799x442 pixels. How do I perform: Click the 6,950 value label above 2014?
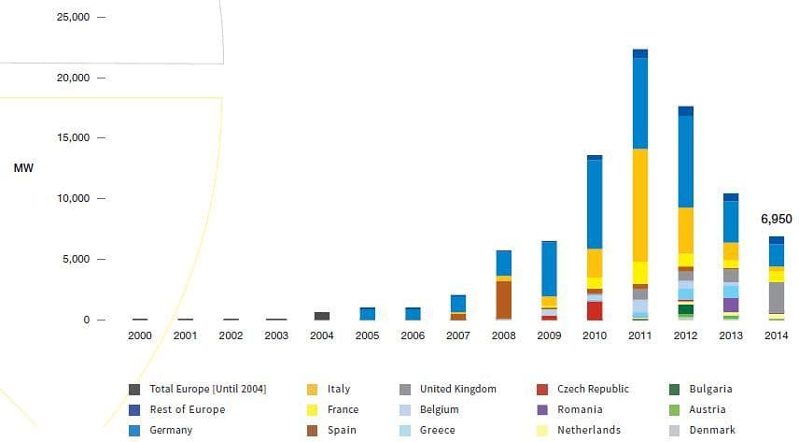[776, 220]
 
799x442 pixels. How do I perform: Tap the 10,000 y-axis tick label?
[74, 198]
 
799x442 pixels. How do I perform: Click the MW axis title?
[22, 168]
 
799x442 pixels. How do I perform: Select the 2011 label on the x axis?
[639, 335]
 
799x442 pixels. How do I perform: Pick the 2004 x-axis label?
[321, 335]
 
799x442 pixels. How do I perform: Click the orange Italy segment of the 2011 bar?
[640, 205]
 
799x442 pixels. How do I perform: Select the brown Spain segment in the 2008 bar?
[503, 299]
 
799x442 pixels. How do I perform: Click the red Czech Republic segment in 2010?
[595, 310]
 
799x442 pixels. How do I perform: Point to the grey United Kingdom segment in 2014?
[776, 297]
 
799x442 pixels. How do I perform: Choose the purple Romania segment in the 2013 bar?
[731, 305]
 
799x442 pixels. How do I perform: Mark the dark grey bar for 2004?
[321, 316]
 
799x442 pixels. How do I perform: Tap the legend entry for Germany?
[171, 430]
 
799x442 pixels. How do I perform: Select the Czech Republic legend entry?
[593, 389]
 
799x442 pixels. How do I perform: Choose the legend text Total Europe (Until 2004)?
[207, 389]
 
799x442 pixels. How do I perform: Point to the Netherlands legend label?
[588, 430]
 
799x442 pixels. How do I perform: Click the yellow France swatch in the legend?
[313, 409]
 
